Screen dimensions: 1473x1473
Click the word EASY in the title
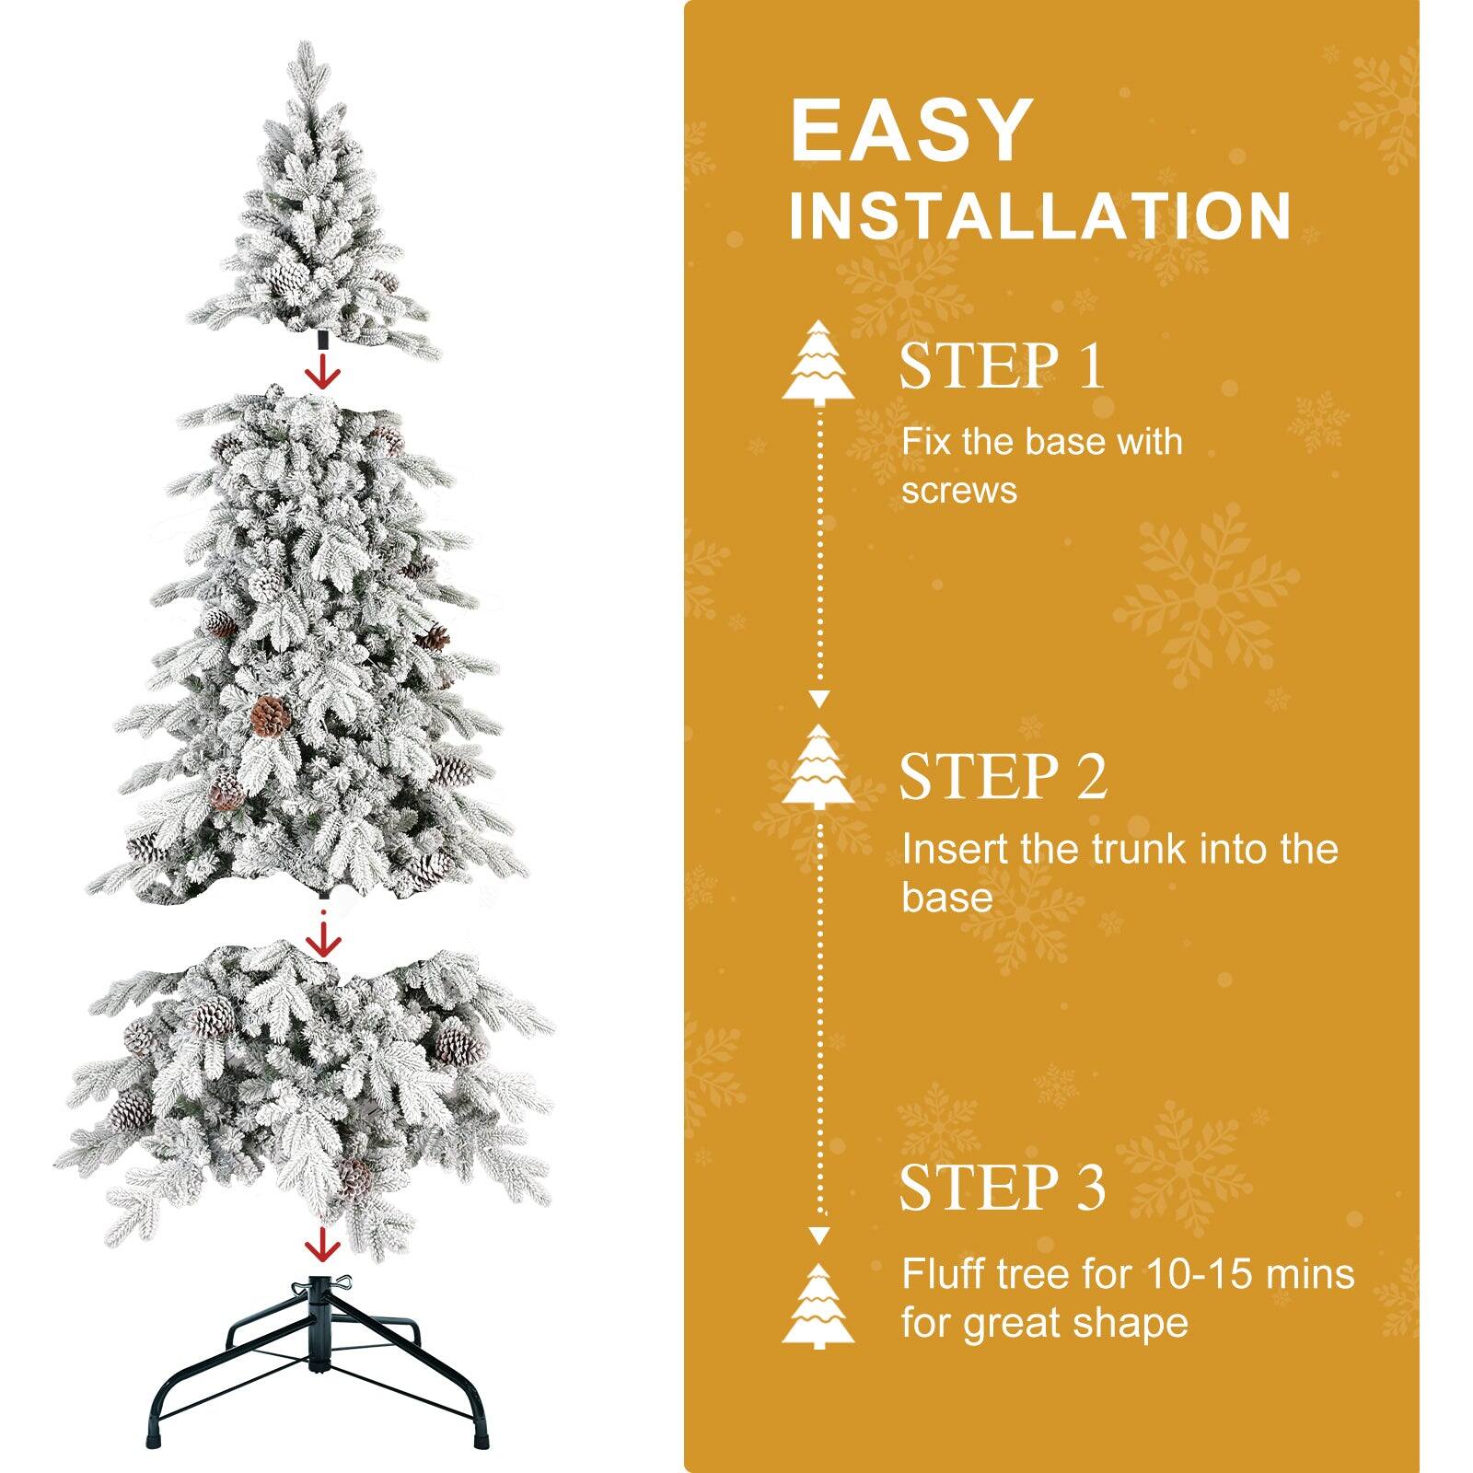tap(910, 131)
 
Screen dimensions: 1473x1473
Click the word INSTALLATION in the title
tap(1039, 216)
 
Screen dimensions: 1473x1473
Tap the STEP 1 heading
tap(1002, 365)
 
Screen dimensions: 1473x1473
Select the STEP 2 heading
tap(1003, 776)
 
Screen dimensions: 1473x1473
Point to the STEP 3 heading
tap(1002, 1187)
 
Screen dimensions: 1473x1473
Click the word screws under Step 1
tap(958, 490)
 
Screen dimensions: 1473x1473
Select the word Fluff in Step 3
tap(947, 1274)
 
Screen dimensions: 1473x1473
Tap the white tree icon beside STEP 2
tap(818, 767)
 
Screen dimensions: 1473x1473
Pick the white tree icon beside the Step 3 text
tap(818, 1307)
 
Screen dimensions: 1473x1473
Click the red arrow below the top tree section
tap(323, 372)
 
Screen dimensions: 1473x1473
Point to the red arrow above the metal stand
tap(323, 1243)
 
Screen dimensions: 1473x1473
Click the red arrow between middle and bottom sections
tap(323, 940)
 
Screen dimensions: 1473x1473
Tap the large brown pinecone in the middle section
tap(270, 715)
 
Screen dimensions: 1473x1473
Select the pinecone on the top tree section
tap(286, 275)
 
